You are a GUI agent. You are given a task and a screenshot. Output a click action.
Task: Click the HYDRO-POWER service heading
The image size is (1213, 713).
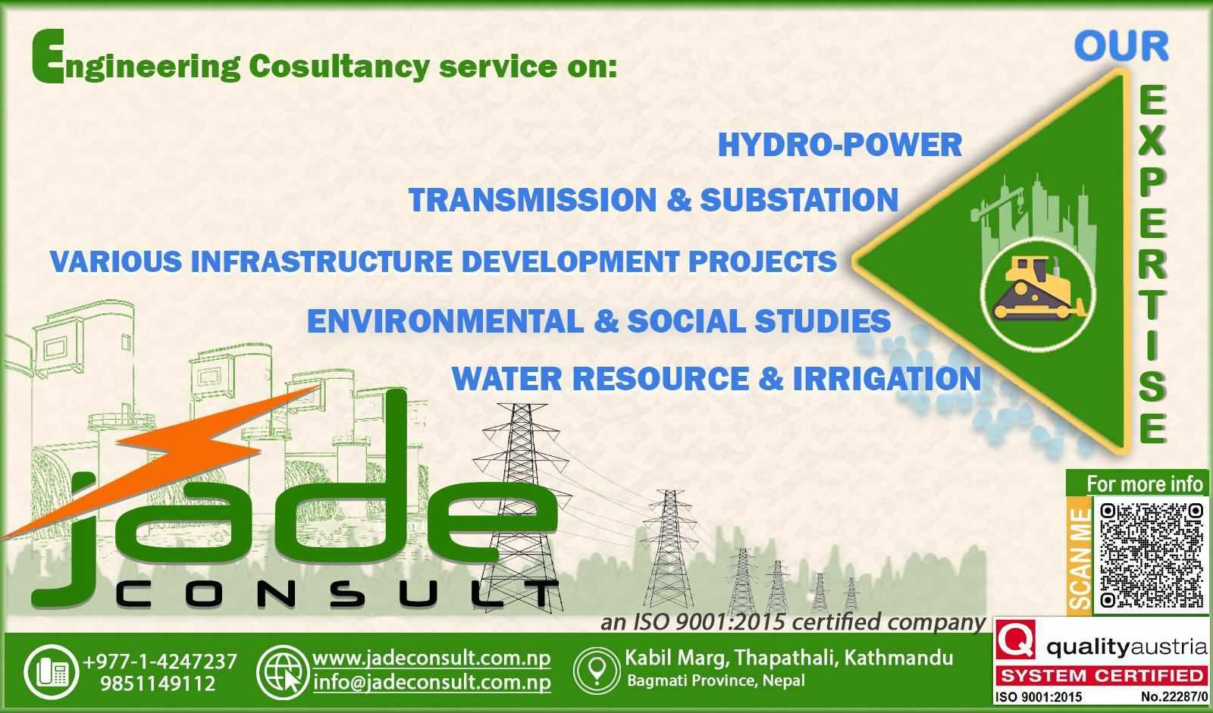pyautogui.click(x=840, y=145)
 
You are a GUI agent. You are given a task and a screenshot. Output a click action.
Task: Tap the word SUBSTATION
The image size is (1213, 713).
pyautogui.click(x=799, y=200)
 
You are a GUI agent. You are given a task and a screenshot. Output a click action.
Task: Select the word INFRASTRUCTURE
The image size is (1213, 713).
pyautogui.click(x=321, y=261)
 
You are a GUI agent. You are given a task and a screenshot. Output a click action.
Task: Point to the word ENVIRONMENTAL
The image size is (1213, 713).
pyautogui.click(x=446, y=321)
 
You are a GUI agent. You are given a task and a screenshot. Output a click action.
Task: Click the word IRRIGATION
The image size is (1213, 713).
pyautogui.click(x=887, y=378)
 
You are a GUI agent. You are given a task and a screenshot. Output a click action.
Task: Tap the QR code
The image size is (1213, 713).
pyautogui.click(x=1152, y=555)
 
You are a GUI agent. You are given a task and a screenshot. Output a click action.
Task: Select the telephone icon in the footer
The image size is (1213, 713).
pyautogui.click(x=52, y=672)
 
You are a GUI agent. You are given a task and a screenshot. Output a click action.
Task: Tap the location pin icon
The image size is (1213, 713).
pyautogui.click(x=597, y=671)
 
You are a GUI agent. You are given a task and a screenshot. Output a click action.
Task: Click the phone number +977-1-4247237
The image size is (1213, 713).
pyautogui.click(x=160, y=661)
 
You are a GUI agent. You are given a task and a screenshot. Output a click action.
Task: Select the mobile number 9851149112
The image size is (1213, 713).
pyautogui.click(x=158, y=683)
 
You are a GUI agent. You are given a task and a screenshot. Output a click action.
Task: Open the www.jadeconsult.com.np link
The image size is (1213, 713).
pyautogui.click(x=431, y=658)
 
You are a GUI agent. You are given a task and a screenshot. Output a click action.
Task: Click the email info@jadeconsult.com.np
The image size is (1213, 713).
pyautogui.click(x=432, y=682)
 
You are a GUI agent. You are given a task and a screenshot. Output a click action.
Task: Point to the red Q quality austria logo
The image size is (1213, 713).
pyautogui.click(x=1016, y=640)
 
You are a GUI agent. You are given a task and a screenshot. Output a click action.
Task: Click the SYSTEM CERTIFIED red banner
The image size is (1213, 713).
pyautogui.click(x=1102, y=676)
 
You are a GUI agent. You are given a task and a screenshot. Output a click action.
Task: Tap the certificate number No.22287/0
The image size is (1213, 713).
pyautogui.click(x=1174, y=697)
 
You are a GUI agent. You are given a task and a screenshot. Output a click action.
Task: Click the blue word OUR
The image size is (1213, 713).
pyautogui.click(x=1121, y=46)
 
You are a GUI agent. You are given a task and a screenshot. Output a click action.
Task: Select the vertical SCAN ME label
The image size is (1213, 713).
pyautogui.click(x=1080, y=559)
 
